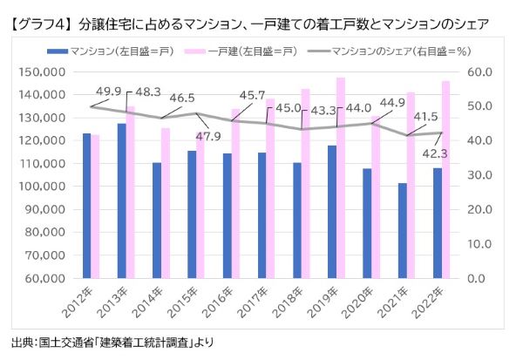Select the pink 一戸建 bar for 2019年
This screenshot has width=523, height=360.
(x=341, y=178)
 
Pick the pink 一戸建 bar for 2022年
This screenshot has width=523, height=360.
(x=446, y=180)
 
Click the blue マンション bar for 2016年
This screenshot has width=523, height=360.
(x=227, y=215)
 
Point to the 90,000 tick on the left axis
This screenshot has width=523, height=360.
(x=41, y=209)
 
